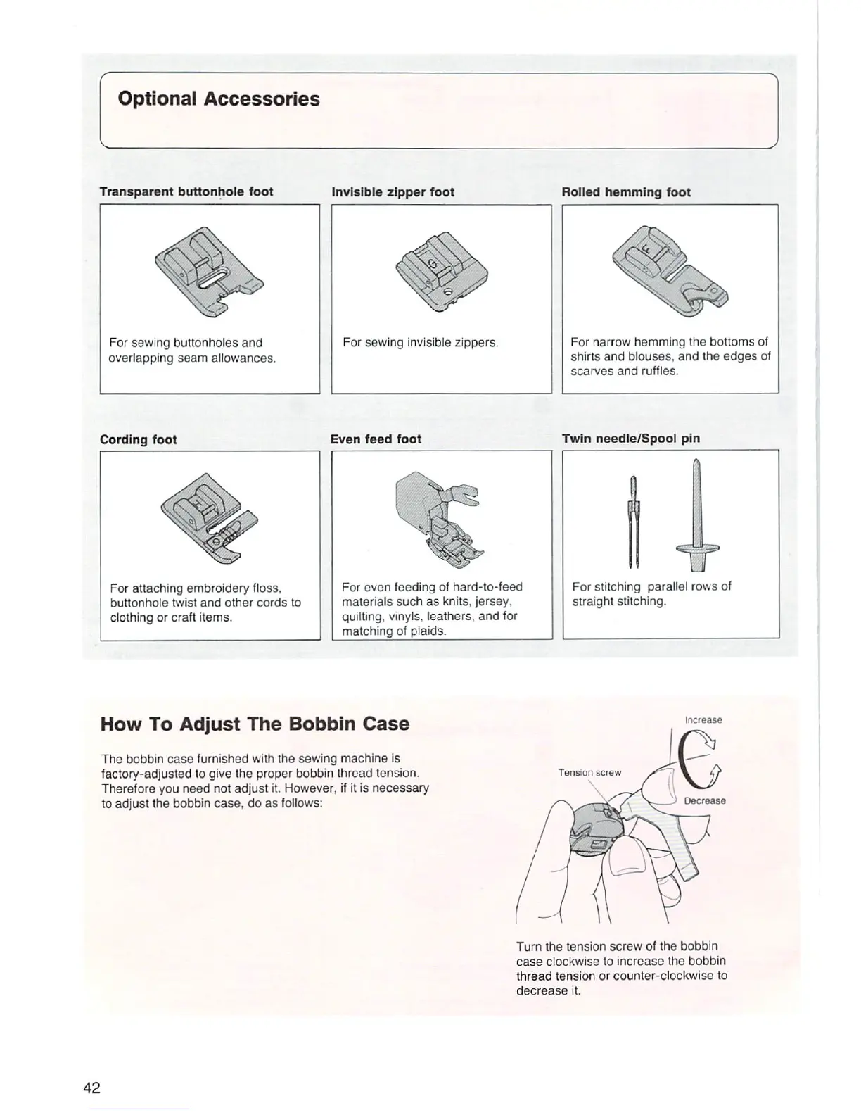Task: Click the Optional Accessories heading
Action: [x=219, y=99]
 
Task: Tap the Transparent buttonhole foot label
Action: [x=186, y=191]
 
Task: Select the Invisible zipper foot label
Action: [x=393, y=192]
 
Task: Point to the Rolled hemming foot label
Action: [x=626, y=192]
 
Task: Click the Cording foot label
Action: [x=139, y=439]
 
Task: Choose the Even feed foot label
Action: [x=376, y=439]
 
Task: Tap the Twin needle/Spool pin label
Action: [x=630, y=438]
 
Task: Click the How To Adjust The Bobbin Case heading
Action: [x=255, y=724]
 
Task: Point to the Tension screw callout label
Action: [x=589, y=772]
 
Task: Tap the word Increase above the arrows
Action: [x=703, y=719]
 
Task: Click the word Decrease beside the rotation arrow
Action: [x=704, y=800]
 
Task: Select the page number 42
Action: [x=92, y=1088]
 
